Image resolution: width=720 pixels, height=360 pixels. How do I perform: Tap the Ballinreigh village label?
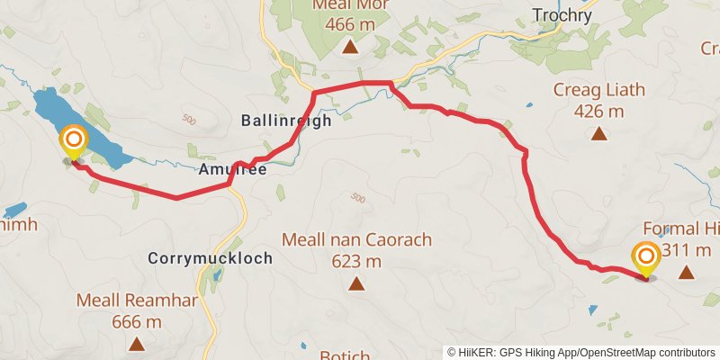coord(286,121)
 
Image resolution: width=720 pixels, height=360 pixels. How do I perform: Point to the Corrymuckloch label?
coord(210,258)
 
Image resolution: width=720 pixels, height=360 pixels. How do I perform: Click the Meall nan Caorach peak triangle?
coord(357,285)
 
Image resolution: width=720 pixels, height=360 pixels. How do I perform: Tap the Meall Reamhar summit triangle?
coord(137,344)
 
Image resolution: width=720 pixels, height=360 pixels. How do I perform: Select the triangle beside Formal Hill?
coord(687,272)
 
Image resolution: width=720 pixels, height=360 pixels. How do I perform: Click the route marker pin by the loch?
coord(73,141)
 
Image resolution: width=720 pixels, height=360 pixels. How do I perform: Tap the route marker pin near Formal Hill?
coord(646,258)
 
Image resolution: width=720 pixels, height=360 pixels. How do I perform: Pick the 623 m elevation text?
coord(357,262)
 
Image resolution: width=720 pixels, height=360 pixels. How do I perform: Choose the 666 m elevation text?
coord(137,321)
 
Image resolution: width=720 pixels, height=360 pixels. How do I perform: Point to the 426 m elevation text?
coord(599,112)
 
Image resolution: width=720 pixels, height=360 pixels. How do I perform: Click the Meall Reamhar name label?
coord(137,301)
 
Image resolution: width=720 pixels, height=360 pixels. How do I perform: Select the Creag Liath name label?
coord(599,92)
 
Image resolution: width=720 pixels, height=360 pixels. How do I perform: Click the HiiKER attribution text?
coord(580,352)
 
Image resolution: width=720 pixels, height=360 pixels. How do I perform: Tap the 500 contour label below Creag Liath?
coord(358,198)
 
